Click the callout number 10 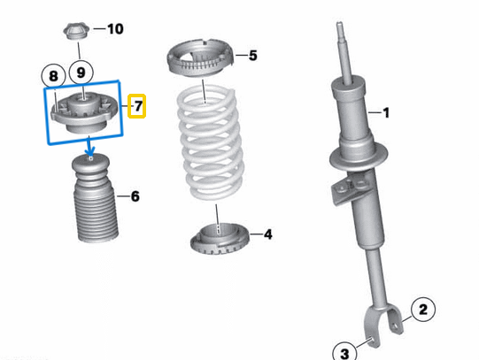click(x=115, y=29)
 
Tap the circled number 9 click(x=81, y=72)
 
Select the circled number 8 click(x=53, y=76)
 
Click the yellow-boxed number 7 click(x=137, y=107)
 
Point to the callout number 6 click(x=135, y=195)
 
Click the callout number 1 click(x=385, y=112)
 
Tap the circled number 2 click(x=422, y=309)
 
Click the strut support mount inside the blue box click(x=86, y=111)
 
